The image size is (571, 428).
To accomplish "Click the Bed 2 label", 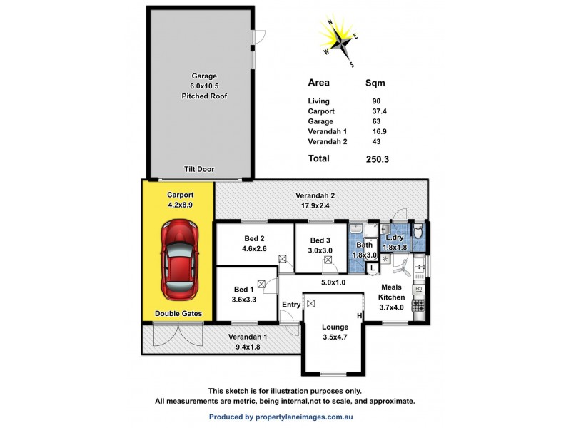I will coord(253,239).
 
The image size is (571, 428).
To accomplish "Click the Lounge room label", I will coord(335,327).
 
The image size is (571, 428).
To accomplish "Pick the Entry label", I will coord(291,305).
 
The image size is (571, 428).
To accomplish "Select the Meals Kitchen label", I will coord(391,292).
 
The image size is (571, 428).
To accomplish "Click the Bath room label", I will coord(364,245).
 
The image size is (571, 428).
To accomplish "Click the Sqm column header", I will coord(375,82).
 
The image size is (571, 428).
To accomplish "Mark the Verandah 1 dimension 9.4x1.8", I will coord(247,347).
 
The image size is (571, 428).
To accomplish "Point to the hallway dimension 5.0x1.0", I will coord(333,282).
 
